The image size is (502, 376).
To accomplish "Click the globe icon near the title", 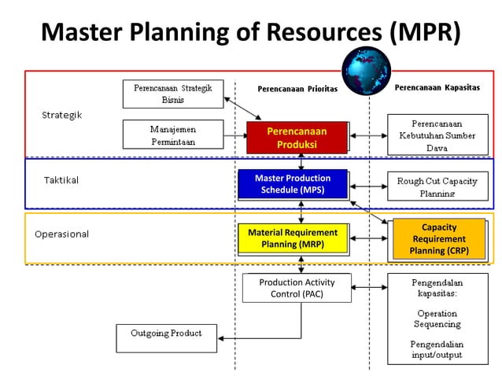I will click(366, 71).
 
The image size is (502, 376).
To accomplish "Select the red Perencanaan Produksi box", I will click(297, 138).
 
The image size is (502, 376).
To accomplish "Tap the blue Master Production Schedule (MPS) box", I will click(293, 184).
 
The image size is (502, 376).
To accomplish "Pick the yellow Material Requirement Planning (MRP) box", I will click(293, 238).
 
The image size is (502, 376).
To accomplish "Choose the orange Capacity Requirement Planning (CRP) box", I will click(438, 239).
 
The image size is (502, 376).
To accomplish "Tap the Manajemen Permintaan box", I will click(172, 135).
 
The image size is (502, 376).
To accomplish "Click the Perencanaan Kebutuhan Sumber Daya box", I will click(437, 135).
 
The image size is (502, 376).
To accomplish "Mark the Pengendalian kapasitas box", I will click(437, 318).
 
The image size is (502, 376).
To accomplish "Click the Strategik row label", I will click(61, 115).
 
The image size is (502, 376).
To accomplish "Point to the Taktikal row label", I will click(61, 180).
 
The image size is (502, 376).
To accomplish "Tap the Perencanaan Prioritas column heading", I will click(297, 89).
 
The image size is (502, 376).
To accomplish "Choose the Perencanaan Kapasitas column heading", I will click(437, 87).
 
